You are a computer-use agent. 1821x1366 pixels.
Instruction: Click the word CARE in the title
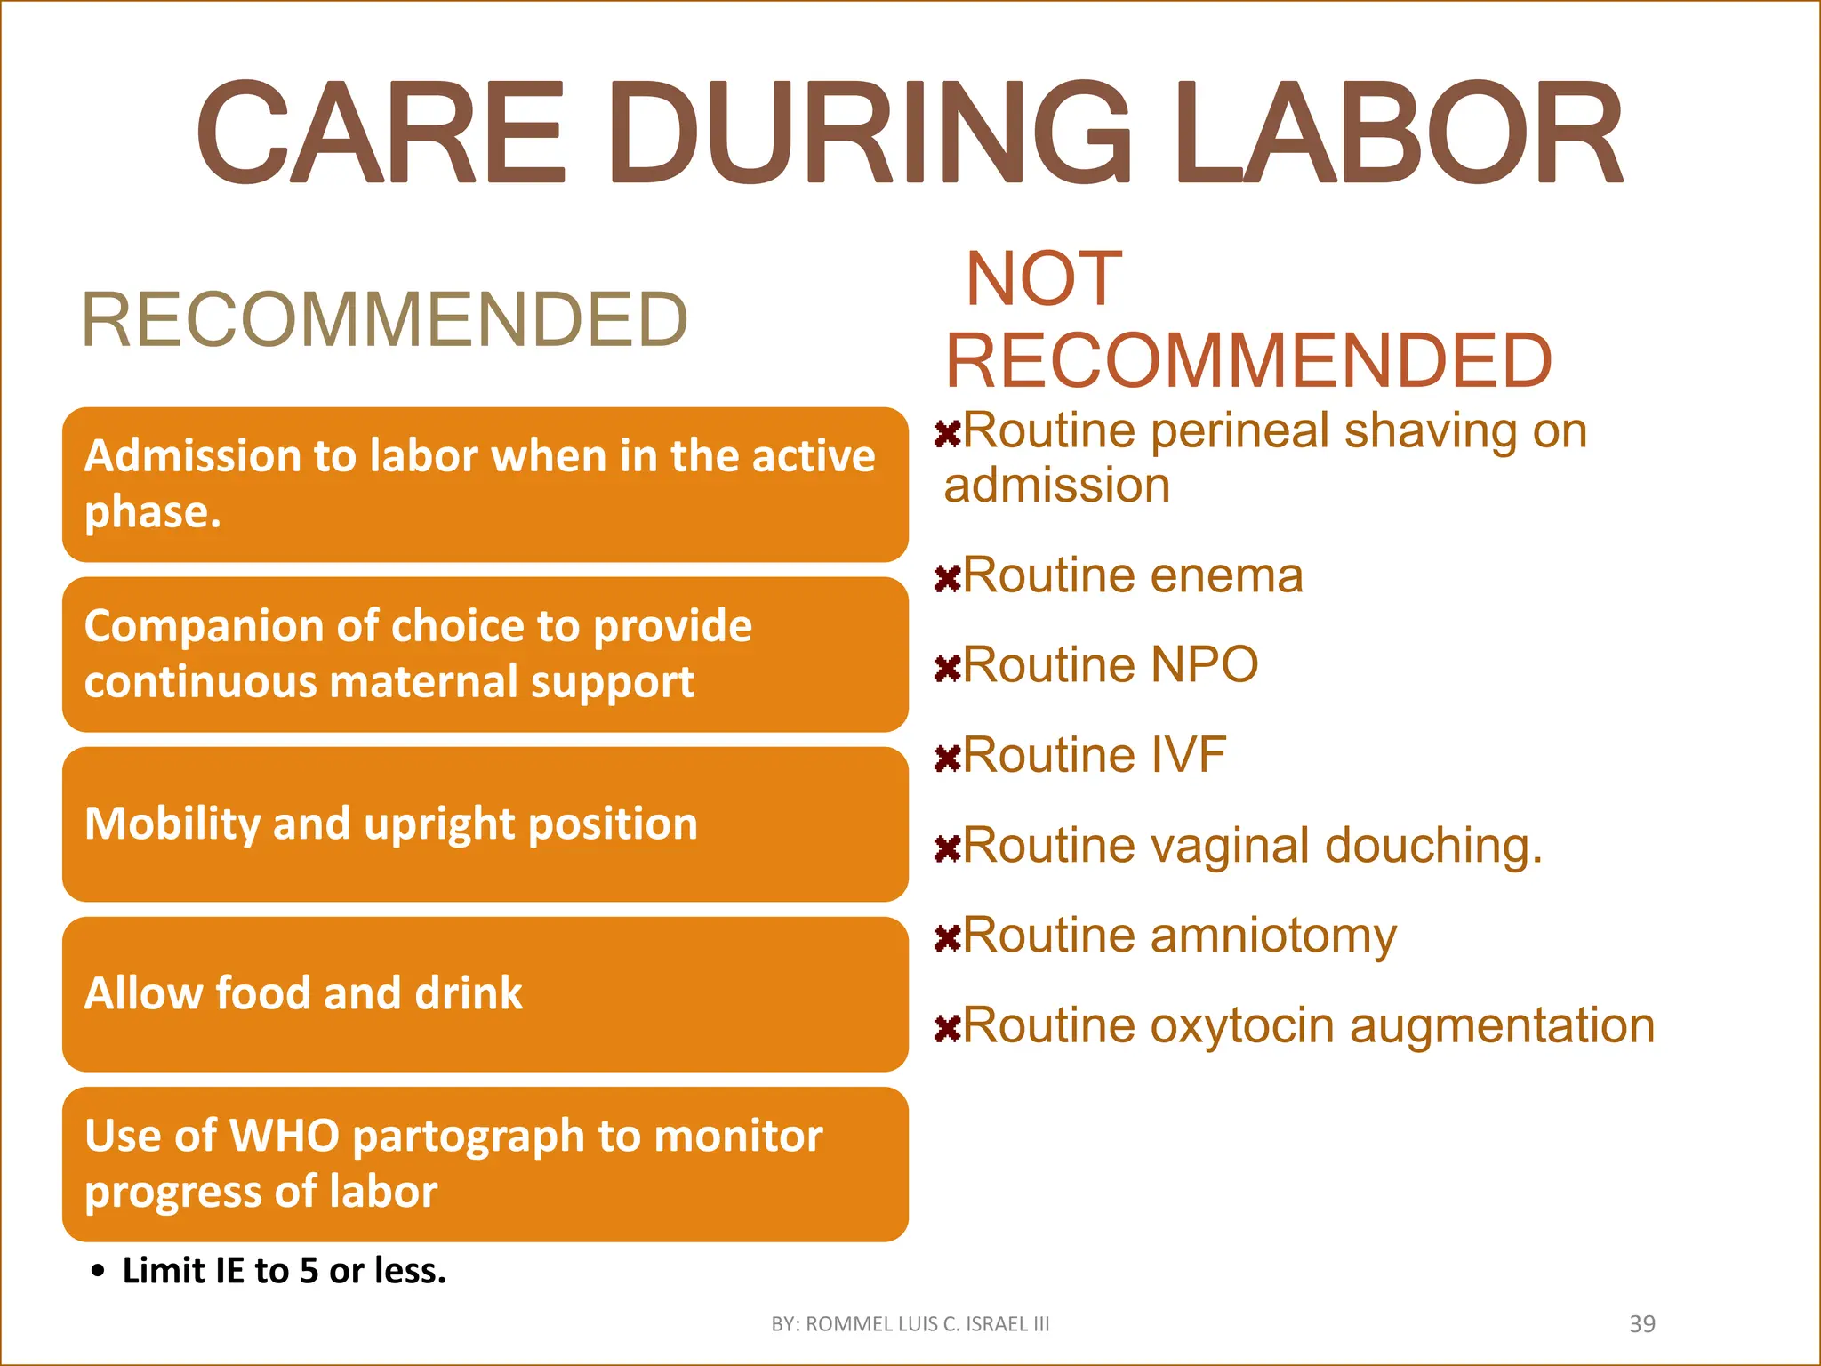point(381,133)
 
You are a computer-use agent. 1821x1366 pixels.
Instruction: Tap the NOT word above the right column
point(1044,279)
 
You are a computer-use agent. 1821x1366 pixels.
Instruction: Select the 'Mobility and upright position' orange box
point(485,824)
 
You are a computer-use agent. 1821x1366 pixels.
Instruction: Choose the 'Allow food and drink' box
point(485,994)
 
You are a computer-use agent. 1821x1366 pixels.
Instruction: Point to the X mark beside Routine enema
point(948,580)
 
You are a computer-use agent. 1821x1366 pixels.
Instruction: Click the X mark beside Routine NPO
point(948,669)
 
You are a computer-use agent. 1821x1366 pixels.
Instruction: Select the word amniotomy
point(1273,936)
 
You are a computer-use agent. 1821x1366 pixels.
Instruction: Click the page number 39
point(1641,1324)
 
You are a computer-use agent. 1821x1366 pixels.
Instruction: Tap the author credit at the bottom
point(910,1324)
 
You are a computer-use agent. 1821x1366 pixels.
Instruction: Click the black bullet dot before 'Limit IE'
point(98,1272)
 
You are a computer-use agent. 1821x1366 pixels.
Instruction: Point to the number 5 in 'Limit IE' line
point(309,1272)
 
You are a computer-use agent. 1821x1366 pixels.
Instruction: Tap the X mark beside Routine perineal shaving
point(948,435)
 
